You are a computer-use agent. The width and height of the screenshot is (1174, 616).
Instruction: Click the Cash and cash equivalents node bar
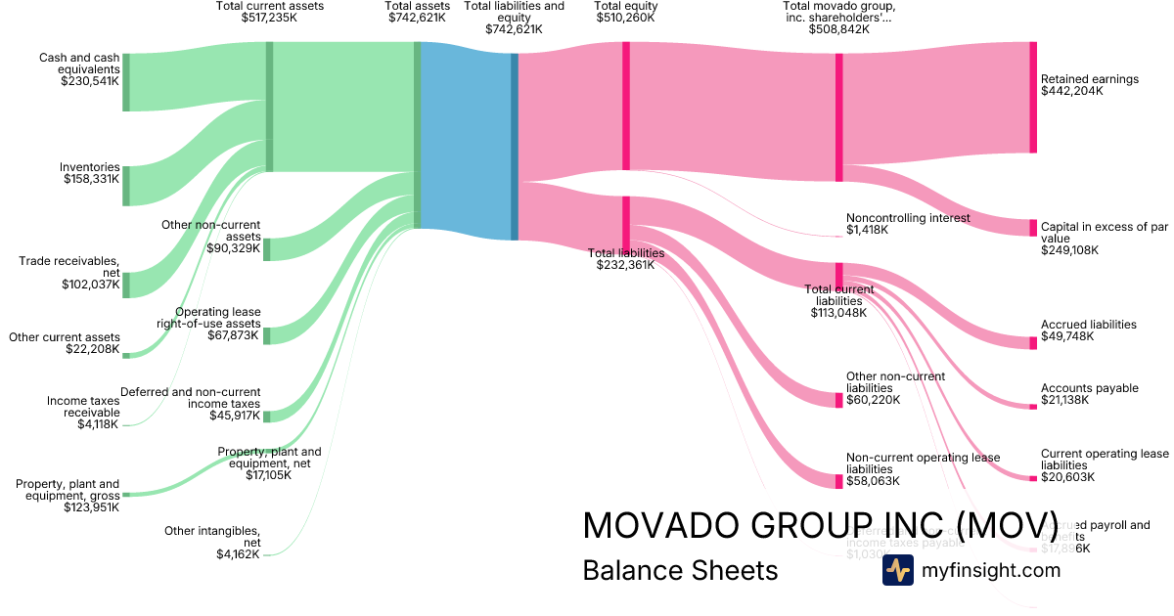pos(126,82)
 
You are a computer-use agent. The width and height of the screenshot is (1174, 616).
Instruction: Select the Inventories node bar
pos(126,186)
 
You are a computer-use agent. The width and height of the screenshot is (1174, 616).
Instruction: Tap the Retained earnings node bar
pos(1032,97)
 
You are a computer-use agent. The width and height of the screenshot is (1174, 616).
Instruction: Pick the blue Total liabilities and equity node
pos(515,147)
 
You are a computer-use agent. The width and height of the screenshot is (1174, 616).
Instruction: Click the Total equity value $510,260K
pos(626,18)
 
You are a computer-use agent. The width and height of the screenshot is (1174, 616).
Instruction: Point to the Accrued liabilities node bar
pos(1032,342)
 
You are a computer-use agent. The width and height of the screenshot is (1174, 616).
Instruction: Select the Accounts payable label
pos(1089,388)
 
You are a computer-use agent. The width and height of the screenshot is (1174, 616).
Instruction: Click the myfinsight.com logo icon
pos(897,570)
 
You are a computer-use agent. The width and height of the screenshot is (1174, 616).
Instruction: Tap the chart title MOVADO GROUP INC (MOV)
pos(820,525)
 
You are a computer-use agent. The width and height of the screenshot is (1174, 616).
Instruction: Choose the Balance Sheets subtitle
pos(680,570)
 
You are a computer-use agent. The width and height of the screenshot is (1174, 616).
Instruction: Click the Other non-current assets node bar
pos(267,248)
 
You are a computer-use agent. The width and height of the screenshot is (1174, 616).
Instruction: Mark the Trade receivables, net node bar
pos(126,285)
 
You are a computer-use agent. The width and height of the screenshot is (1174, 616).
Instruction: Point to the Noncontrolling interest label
pos(908,218)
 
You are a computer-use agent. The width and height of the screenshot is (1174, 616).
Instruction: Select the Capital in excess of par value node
pos(1032,228)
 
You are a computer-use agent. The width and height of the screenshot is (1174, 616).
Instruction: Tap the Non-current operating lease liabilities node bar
pos(838,481)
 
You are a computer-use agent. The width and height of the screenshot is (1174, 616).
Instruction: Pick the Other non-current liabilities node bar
pos(838,400)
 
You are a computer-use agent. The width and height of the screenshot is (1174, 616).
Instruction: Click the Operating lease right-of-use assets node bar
pos(267,335)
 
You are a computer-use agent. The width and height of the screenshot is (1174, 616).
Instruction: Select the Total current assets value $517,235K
pos(269,18)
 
